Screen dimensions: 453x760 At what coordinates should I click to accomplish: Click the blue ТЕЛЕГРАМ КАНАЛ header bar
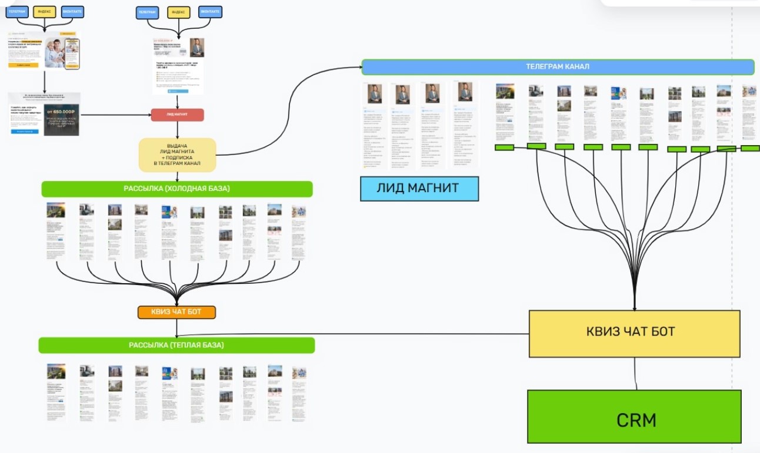pyautogui.click(x=558, y=67)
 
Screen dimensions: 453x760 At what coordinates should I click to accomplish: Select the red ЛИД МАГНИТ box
pyautogui.click(x=177, y=115)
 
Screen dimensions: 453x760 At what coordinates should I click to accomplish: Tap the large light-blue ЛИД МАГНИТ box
pyautogui.click(x=419, y=189)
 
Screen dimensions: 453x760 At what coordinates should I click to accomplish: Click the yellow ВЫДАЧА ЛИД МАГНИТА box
pyautogui.click(x=177, y=155)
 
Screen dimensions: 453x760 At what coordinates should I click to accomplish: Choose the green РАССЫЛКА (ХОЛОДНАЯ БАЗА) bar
pyautogui.click(x=176, y=189)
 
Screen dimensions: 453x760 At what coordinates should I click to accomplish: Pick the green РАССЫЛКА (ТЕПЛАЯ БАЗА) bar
pyautogui.click(x=176, y=345)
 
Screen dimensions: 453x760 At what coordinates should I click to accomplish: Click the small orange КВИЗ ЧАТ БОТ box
pyautogui.click(x=176, y=312)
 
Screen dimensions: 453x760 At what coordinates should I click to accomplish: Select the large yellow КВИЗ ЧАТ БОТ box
pyautogui.click(x=634, y=333)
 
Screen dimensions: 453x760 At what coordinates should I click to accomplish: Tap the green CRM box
pyautogui.click(x=634, y=420)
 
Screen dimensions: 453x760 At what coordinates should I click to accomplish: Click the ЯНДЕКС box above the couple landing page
pyautogui.click(x=44, y=12)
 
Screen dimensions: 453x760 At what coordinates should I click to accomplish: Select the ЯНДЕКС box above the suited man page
pyautogui.click(x=179, y=12)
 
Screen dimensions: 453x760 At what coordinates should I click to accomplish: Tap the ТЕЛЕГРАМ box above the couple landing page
pyautogui.click(x=18, y=12)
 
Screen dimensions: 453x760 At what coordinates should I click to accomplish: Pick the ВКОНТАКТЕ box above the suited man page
pyautogui.click(x=211, y=12)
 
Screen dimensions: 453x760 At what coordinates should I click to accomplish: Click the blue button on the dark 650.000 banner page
pyautogui.click(x=24, y=131)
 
